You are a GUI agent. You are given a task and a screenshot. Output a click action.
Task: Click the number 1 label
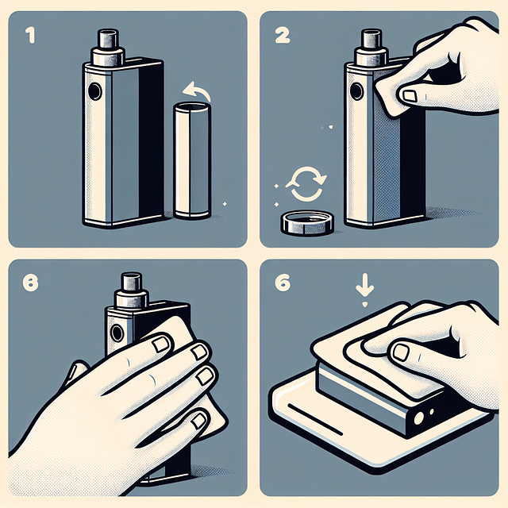tap(30, 37)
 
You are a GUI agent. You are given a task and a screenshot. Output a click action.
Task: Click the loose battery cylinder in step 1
tap(191, 163)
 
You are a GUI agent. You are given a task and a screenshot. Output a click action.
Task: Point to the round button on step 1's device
tap(96, 93)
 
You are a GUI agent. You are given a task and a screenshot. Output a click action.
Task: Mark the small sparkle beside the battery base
tap(225, 204)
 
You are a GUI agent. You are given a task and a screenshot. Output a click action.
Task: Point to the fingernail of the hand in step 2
tap(409, 96)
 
